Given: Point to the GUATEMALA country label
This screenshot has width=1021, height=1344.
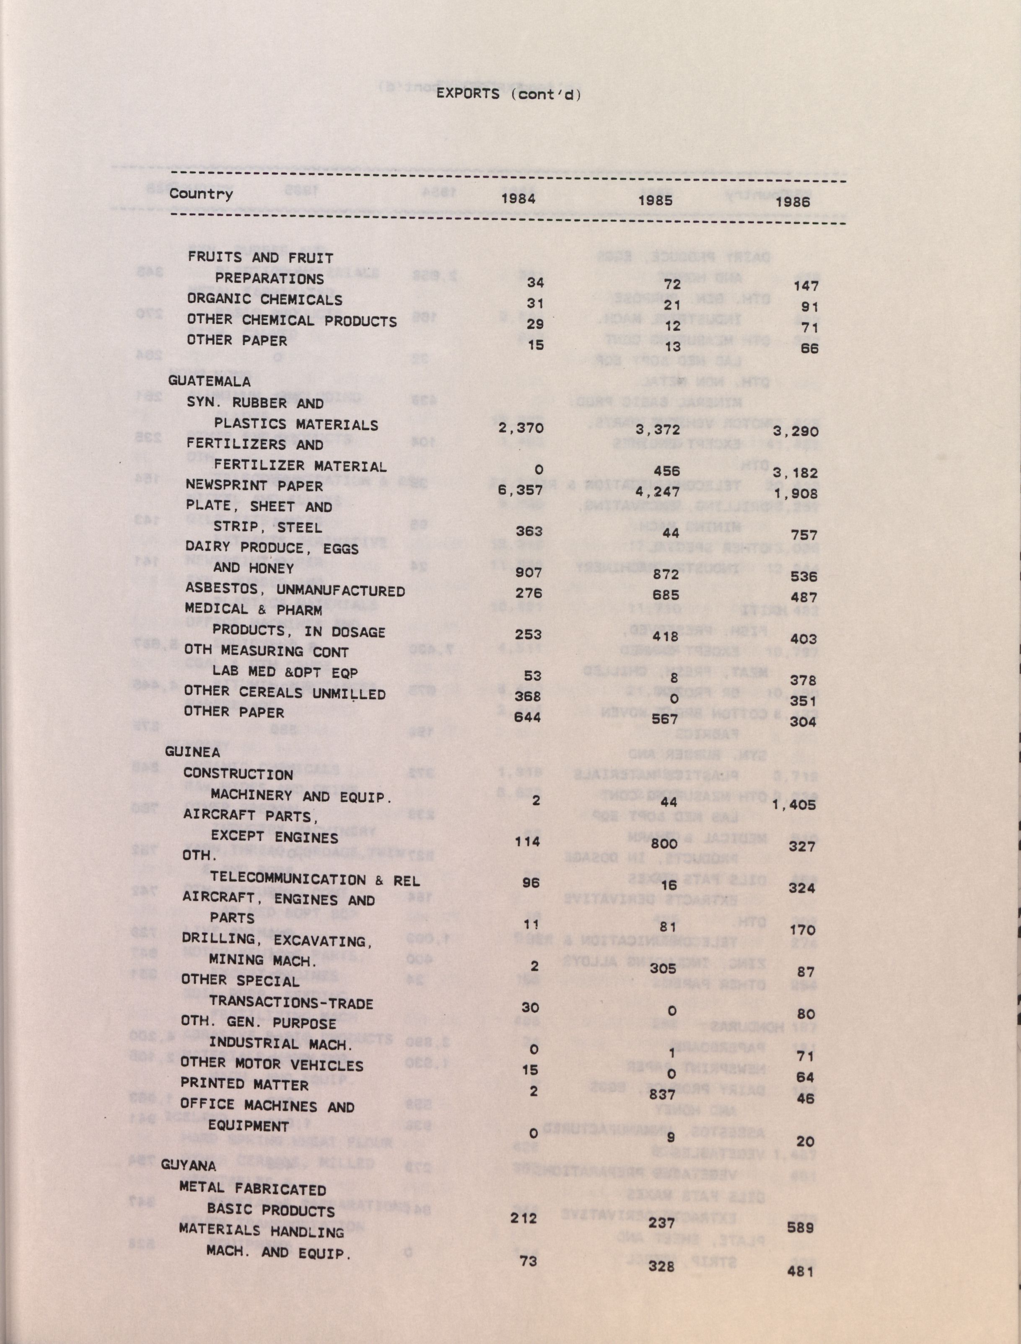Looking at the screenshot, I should pos(209,381).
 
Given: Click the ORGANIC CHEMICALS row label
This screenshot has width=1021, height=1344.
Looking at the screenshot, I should pos(264,299).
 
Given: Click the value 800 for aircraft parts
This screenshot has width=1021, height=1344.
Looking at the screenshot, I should pos(662,844).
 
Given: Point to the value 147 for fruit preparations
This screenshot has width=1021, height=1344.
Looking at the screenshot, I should pos(806,286).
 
